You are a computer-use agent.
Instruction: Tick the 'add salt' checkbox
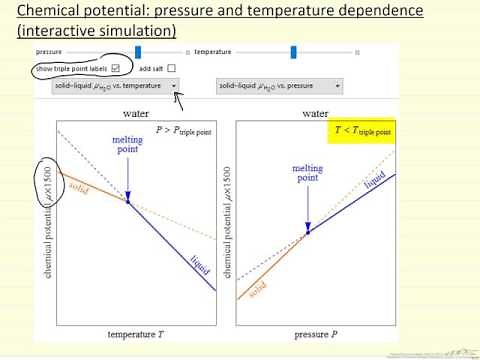click(x=171, y=68)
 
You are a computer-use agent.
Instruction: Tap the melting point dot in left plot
click(x=156, y=201)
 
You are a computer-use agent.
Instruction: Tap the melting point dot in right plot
click(x=308, y=230)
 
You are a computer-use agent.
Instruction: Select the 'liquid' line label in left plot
click(x=198, y=265)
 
